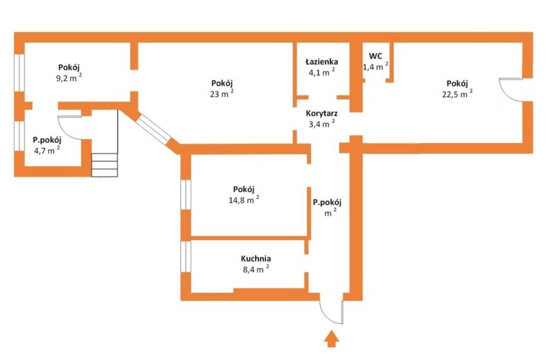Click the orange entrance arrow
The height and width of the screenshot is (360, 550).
[331, 339]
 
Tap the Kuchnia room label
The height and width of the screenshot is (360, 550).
[256, 259]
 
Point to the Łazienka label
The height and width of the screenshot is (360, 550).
[321, 62]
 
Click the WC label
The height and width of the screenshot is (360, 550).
[375, 56]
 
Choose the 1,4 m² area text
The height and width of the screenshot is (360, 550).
[375, 66]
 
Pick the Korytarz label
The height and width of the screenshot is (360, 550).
[321, 113]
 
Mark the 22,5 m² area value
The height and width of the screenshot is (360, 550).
[457, 93]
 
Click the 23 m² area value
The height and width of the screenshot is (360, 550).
[222, 93]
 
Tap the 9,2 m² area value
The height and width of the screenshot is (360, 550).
[69, 77]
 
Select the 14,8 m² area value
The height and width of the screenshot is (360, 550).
[244, 200]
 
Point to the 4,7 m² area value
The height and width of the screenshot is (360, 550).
[46, 151]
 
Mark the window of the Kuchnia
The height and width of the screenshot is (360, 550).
[186, 256]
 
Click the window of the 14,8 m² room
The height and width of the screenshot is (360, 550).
[186, 195]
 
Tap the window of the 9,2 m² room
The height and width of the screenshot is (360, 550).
[19, 73]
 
